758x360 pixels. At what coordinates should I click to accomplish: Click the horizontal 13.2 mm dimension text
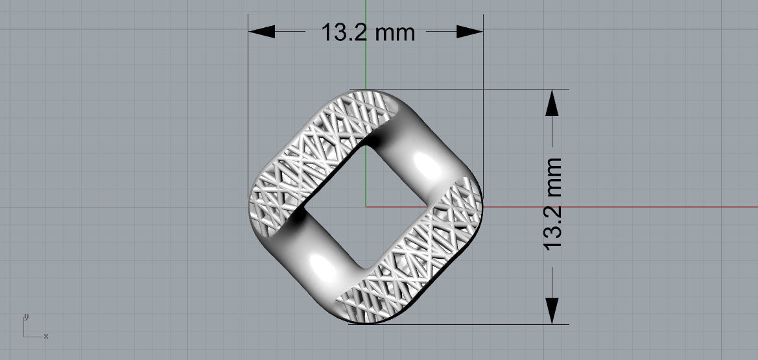point(368,32)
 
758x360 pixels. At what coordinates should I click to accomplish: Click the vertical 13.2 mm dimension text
point(552,204)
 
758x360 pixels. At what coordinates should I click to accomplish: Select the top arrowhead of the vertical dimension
point(552,102)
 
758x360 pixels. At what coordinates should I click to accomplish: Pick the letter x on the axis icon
point(46,336)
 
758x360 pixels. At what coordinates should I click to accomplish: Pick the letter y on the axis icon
point(25,317)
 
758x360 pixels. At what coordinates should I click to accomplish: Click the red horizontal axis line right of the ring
point(616,207)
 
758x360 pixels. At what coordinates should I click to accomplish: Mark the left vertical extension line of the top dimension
point(249,97)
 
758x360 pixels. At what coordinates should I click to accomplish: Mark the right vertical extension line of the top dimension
point(483,97)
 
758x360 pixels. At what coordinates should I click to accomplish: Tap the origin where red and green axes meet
point(366,207)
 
